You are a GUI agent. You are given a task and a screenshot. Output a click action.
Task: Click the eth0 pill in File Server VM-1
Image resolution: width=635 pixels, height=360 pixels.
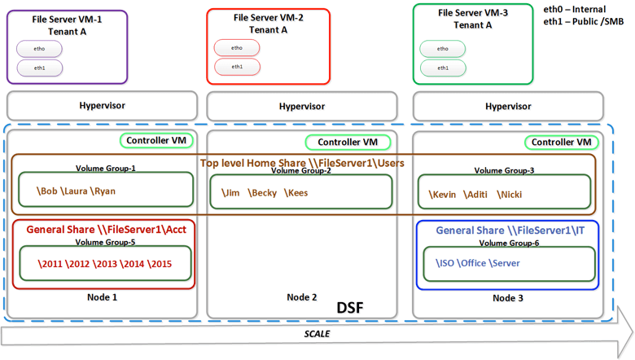pos(39,49)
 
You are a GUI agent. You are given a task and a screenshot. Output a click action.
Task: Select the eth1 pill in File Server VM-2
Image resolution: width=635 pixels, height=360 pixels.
pos(236,66)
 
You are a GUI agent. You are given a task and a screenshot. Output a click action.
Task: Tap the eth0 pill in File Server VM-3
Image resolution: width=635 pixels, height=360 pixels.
pos(442,49)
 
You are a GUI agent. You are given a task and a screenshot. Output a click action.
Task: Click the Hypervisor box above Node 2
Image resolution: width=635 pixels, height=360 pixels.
pos(302,106)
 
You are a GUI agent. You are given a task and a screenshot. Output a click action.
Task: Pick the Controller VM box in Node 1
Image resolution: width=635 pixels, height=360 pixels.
pos(160,142)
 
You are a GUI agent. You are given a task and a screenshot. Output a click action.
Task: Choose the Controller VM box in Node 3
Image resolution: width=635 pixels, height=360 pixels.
pos(561,142)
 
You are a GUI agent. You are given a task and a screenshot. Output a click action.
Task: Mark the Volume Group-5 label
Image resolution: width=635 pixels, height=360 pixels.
pos(105,242)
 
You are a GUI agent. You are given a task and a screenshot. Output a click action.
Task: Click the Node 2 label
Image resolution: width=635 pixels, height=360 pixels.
pos(302,297)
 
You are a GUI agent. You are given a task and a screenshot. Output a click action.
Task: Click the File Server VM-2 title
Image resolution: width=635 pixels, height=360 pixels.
pos(268,16)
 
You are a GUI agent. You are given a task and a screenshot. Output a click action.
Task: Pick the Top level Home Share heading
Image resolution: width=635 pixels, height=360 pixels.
pos(301,163)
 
